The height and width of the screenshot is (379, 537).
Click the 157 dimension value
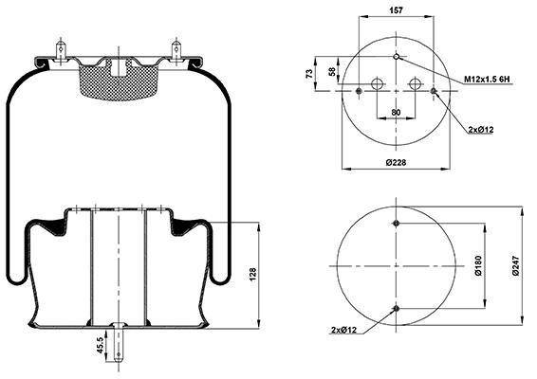click(x=396, y=10)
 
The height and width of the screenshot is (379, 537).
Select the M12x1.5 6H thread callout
click(x=487, y=80)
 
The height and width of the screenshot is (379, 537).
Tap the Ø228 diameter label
click(x=396, y=162)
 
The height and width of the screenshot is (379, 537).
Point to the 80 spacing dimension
click(x=396, y=112)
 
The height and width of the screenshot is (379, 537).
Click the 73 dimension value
click(x=309, y=74)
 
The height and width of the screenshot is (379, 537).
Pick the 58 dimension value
click(x=332, y=72)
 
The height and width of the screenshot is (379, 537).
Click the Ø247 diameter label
click(x=516, y=265)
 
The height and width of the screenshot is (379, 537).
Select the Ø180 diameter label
click(x=478, y=265)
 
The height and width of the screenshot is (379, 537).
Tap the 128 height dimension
click(x=252, y=275)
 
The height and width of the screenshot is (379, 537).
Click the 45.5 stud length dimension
click(x=100, y=345)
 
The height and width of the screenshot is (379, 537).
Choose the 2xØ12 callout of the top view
click(x=481, y=130)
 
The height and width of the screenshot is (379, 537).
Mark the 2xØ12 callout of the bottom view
click(x=343, y=330)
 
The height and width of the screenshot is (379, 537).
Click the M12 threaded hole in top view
click(x=397, y=57)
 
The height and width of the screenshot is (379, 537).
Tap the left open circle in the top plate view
click(x=377, y=83)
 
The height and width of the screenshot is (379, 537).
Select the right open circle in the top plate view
click(x=415, y=83)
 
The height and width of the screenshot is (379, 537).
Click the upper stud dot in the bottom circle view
click(x=397, y=224)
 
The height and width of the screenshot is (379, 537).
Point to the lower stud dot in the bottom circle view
click(x=397, y=309)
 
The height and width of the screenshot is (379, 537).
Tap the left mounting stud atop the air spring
click(x=61, y=50)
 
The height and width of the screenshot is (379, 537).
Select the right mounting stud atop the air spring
click(x=176, y=50)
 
